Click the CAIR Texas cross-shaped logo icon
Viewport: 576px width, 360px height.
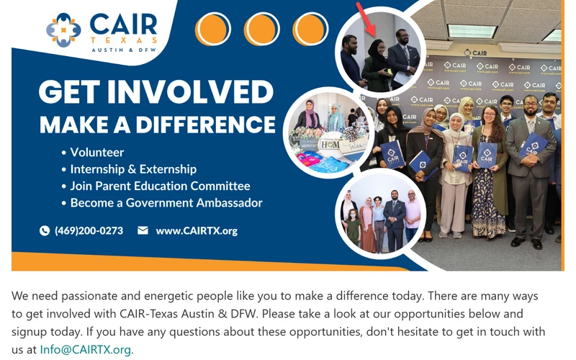pyautogui.click(x=63, y=30)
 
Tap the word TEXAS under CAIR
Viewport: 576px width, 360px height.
pyautogui.click(x=124, y=40)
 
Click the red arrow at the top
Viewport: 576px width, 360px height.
pyautogui.click(x=366, y=19)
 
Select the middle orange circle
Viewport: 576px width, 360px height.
pyautogui.click(x=261, y=29)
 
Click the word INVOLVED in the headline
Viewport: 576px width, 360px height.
pyautogui.click(x=190, y=91)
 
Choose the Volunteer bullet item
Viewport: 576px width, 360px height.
pyautogui.click(x=93, y=152)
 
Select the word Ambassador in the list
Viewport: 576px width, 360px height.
pyautogui.click(x=229, y=203)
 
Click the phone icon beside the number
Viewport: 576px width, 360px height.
pyautogui.click(x=45, y=230)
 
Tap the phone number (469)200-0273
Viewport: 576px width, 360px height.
pyautogui.click(x=89, y=230)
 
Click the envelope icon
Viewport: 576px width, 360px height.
pyautogui.click(x=143, y=230)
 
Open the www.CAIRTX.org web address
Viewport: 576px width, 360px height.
pyautogui.click(x=197, y=230)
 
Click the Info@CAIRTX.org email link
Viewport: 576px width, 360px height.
pyautogui.click(x=86, y=349)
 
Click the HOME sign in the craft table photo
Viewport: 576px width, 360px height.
pyautogui.click(x=330, y=145)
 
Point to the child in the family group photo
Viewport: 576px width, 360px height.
pyautogui.click(x=353, y=227)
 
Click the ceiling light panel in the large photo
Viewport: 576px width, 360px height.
pyautogui.click(x=471, y=31)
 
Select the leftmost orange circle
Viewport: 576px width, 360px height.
pyautogui.click(x=212, y=29)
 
